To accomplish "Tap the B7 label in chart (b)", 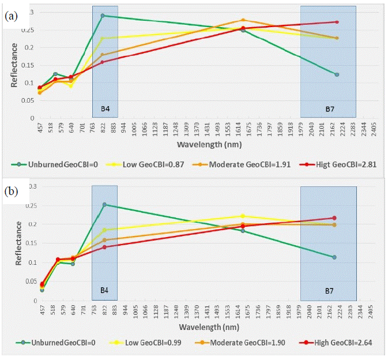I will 329,290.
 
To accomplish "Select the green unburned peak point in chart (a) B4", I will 103,16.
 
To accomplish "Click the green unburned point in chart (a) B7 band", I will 337,74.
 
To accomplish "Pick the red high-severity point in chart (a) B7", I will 337,22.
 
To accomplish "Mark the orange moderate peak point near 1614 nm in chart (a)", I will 243,20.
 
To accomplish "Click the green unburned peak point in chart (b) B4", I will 104,204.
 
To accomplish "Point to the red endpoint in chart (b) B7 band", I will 334,217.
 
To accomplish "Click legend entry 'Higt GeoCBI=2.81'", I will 329,164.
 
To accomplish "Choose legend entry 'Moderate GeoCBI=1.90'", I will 240,342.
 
